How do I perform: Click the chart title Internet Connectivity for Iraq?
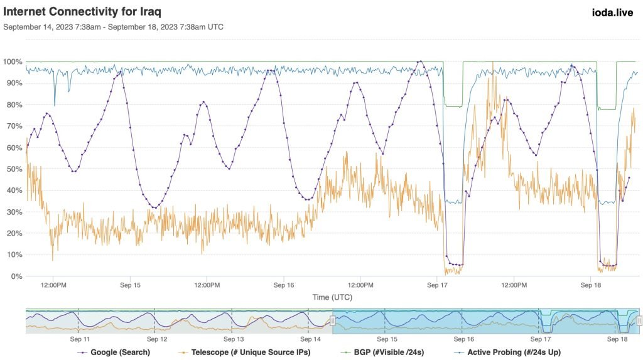click(x=83, y=12)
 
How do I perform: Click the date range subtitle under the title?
click(x=114, y=27)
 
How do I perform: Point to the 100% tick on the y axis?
click(x=13, y=62)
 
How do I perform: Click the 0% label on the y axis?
click(x=16, y=276)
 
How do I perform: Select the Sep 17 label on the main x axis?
click(x=438, y=285)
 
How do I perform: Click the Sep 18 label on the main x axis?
click(x=592, y=285)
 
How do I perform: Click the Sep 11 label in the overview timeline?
click(x=78, y=339)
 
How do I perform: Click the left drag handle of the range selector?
click(x=333, y=321)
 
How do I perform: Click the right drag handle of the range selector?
click(x=639, y=321)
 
